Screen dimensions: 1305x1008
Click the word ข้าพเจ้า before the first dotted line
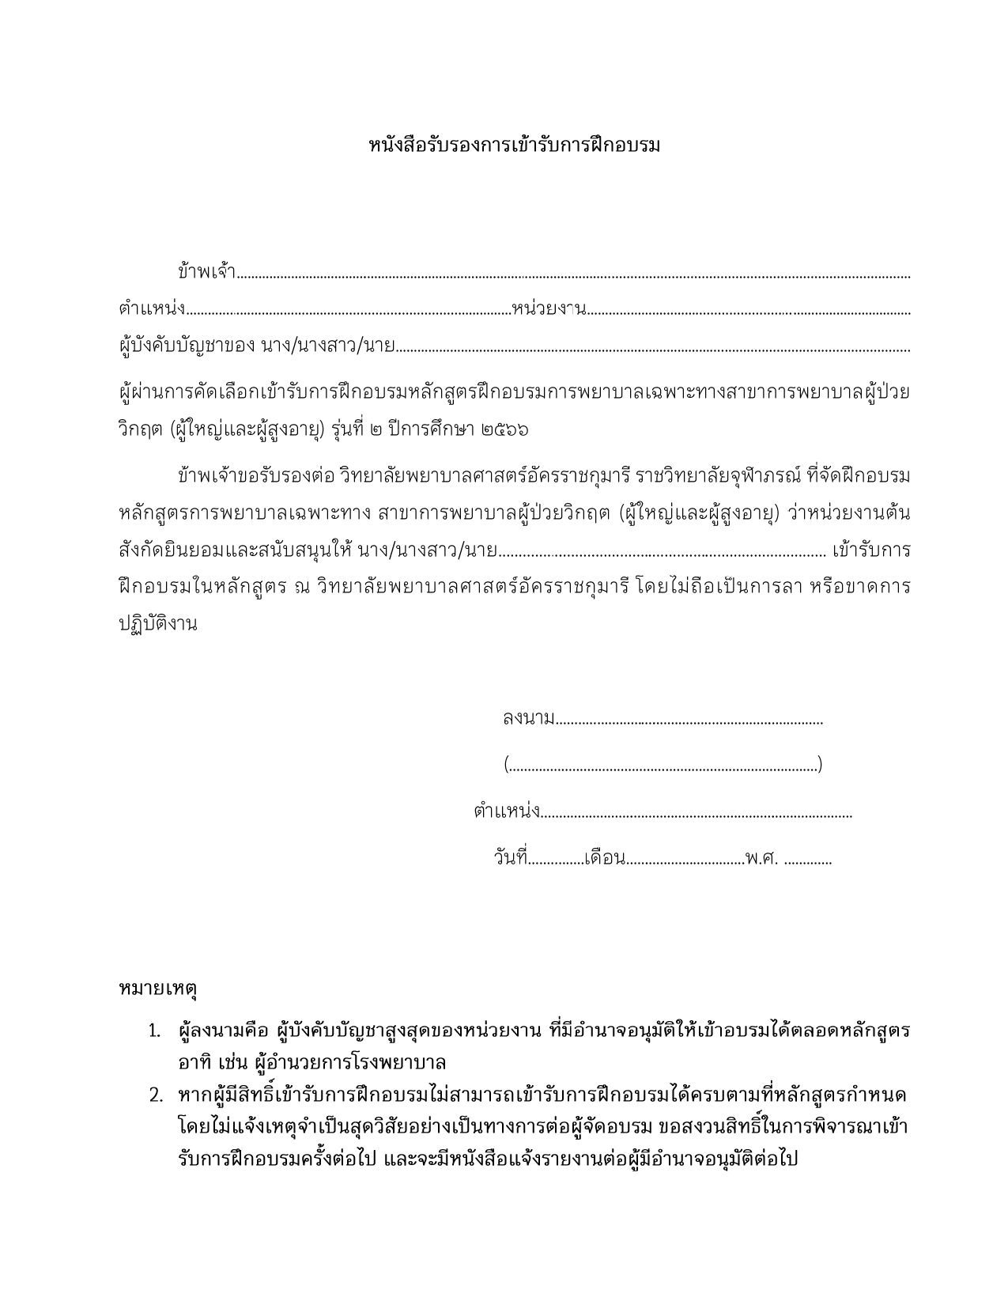click(207, 272)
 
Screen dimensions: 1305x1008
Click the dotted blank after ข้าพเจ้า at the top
click(573, 277)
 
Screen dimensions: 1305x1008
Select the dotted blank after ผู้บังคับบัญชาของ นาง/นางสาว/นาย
click(652, 348)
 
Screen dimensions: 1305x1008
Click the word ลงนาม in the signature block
click(528, 719)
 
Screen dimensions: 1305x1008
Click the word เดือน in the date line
click(605, 858)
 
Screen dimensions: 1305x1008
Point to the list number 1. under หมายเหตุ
click(155, 1031)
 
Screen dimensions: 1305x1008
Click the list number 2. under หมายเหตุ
click(155, 1096)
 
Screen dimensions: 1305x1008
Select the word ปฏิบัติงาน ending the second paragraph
click(157, 622)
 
